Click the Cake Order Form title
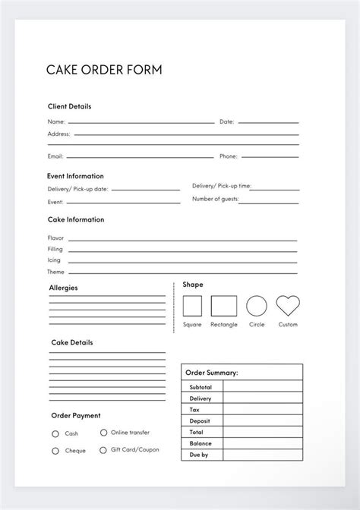[104, 71]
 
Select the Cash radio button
[55, 434]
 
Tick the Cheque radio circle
[55, 451]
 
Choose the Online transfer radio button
[103, 433]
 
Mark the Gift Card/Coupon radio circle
[103, 449]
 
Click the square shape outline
[192, 306]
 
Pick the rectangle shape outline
[223, 306]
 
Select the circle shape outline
[257, 306]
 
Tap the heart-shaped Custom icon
[288, 306]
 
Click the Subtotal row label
[201, 387]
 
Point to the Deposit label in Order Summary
[201, 420]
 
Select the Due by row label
[199, 455]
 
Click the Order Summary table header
[212, 373]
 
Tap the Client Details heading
[69, 107]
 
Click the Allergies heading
[63, 288]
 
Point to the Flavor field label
[55, 238]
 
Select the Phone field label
[229, 156]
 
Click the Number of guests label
[215, 199]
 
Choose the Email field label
[55, 156]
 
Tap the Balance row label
[201, 443]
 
